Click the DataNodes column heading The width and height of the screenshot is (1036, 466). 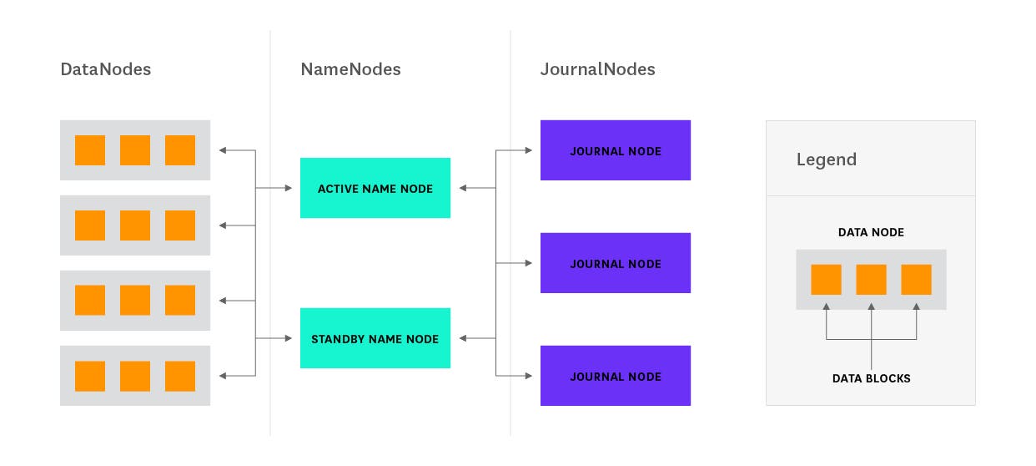(105, 70)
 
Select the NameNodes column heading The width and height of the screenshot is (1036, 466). (350, 70)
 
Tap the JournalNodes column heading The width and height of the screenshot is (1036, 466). (597, 70)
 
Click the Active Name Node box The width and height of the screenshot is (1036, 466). (375, 188)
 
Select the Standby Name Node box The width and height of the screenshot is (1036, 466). (375, 338)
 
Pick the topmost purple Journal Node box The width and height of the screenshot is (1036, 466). (616, 150)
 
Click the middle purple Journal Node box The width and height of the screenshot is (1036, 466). (616, 263)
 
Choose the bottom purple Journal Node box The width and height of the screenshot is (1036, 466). (616, 376)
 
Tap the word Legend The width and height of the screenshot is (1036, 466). (826, 160)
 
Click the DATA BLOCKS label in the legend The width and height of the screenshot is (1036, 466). (871, 378)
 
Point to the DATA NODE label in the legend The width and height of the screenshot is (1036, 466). (871, 233)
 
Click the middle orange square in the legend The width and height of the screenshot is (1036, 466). (871, 280)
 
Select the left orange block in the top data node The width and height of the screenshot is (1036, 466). (90, 150)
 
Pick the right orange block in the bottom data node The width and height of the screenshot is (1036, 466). (180, 376)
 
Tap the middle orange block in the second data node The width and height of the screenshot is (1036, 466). (135, 225)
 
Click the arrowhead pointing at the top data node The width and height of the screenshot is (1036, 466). (223, 150)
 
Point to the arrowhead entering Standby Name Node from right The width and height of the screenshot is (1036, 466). (463, 338)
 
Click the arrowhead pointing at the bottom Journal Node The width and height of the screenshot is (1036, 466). (528, 376)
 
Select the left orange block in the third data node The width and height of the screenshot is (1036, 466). (90, 301)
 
